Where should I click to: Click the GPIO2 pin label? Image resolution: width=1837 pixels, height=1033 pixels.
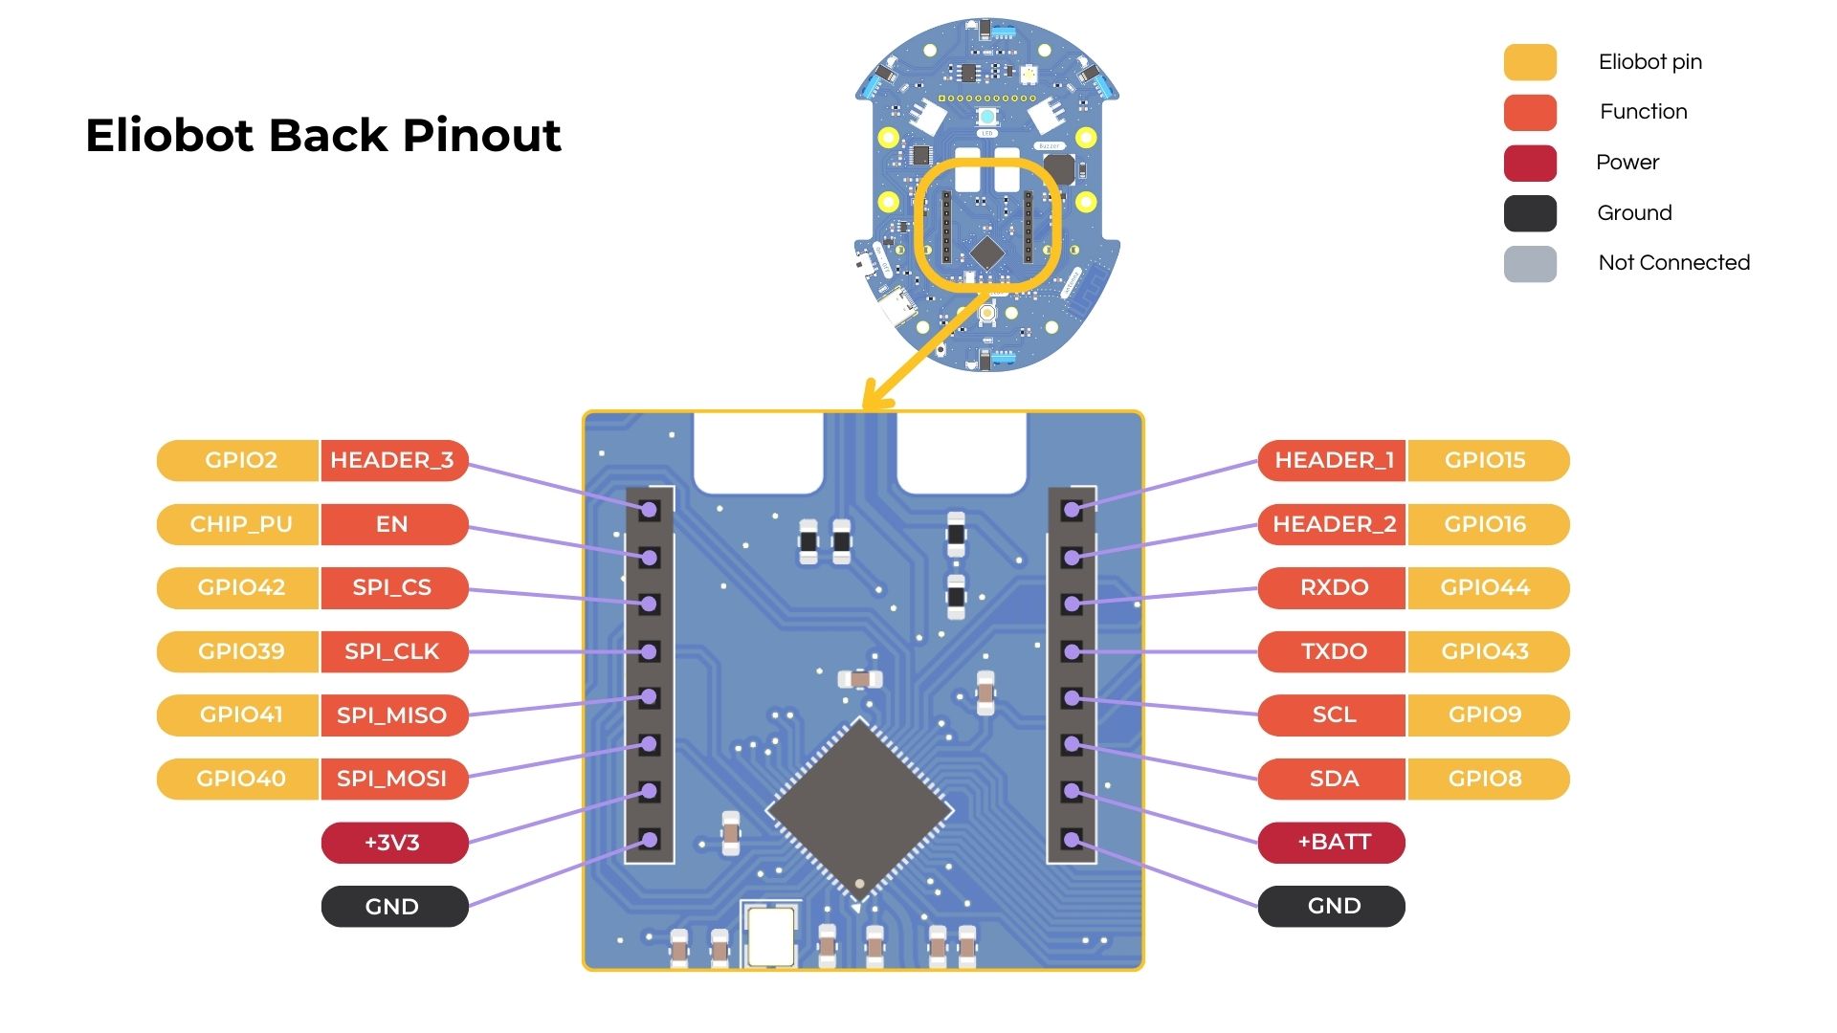click(x=240, y=460)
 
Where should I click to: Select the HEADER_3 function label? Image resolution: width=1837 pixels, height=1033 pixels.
click(x=392, y=460)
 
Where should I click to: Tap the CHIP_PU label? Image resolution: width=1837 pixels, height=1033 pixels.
click(x=240, y=524)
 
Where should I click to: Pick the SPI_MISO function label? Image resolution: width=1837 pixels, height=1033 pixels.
click(x=392, y=715)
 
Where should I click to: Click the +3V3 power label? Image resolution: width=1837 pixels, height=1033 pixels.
click(x=392, y=843)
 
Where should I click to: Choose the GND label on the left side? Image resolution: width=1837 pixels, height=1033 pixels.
click(x=392, y=907)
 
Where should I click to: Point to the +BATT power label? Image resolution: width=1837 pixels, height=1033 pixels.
click(x=1334, y=843)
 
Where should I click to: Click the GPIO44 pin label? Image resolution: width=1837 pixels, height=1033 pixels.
click(x=1485, y=587)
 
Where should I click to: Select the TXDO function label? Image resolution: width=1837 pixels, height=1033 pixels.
click(x=1334, y=651)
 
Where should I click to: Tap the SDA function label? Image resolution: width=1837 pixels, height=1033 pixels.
click(x=1334, y=779)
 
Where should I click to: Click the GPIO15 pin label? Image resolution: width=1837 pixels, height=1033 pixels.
click(x=1485, y=460)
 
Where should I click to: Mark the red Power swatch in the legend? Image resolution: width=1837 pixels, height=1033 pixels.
click(x=1530, y=163)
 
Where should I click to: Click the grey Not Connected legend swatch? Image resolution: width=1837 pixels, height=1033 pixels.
click(x=1530, y=264)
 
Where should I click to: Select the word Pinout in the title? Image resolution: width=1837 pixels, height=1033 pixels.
click(x=481, y=136)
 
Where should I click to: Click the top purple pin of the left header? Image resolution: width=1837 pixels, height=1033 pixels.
click(x=650, y=510)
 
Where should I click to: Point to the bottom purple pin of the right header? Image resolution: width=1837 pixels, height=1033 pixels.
click(x=1072, y=841)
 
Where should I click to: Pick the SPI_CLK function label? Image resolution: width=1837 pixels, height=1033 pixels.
click(x=392, y=651)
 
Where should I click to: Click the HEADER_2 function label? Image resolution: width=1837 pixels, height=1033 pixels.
click(x=1334, y=524)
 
